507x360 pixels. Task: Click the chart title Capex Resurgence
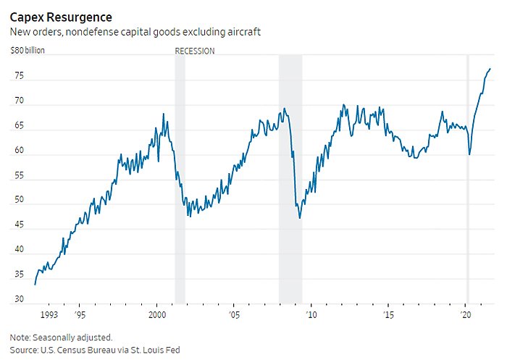[61, 16]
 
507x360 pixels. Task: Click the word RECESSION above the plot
[195, 51]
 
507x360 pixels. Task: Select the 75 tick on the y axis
[20, 77]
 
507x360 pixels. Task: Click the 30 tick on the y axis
[20, 299]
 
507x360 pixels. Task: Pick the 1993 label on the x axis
[49, 316]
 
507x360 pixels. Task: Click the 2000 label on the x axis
[157, 316]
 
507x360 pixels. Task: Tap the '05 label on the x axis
[235, 316]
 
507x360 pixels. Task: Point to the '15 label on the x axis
[388, 316]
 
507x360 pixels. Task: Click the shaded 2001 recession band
[180, 181]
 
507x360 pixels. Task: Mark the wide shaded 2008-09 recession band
[290, 181]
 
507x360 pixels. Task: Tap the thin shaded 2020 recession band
[468, 181]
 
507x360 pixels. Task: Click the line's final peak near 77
[490, 69]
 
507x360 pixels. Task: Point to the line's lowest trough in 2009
[300, 218]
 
